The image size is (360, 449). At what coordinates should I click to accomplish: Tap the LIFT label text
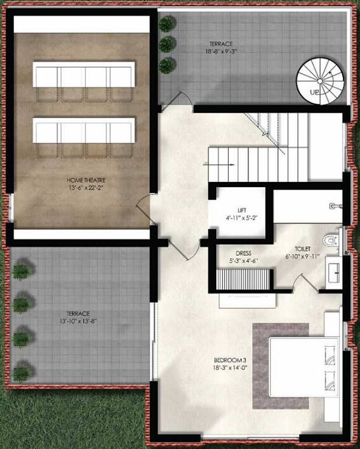(242, 210)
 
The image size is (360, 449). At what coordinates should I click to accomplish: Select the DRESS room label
(243, 253)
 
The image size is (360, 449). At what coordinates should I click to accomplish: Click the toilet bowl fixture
(331, 240)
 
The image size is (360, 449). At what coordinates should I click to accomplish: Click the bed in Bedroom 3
(304, 367)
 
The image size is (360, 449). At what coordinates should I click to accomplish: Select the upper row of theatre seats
(84, 76)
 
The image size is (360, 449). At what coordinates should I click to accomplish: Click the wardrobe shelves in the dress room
(244, 279)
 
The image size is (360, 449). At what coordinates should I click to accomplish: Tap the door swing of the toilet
(302, 283)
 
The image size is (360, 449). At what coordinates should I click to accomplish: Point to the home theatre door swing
(143, 206)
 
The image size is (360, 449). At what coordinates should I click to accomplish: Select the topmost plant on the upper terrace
(167, 23)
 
